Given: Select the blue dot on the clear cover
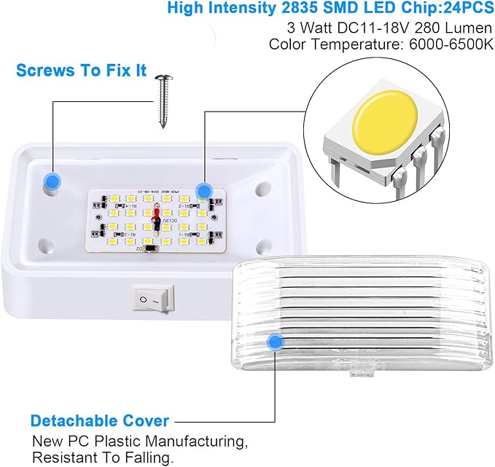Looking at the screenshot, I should point(276,341).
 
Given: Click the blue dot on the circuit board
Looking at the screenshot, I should point(203,191).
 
